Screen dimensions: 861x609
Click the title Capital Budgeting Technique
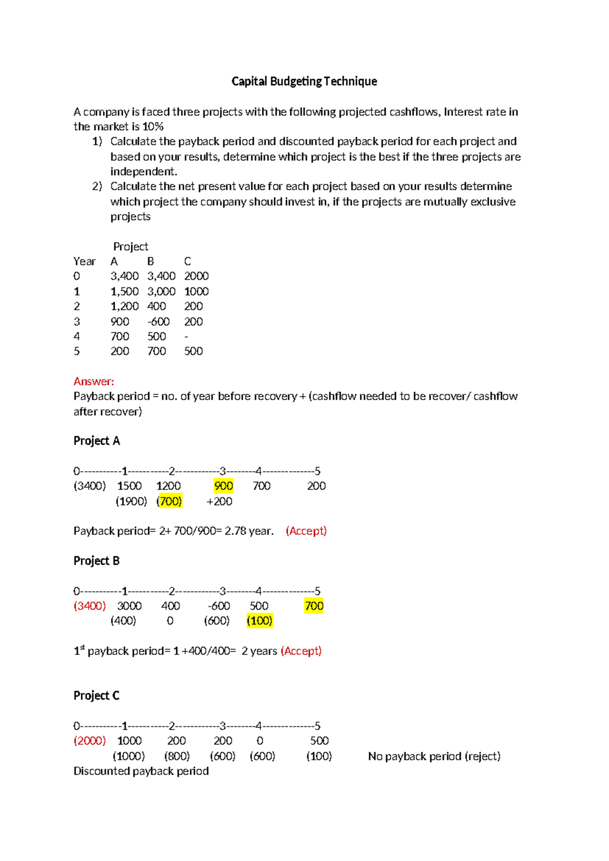[304, 81]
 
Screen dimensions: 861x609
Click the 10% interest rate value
[153, 126]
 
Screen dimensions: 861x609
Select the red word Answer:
[94, 381]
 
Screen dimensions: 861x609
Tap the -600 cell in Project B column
[158, 321]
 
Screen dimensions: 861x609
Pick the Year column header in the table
[84, 261]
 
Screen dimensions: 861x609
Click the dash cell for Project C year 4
[186, 336]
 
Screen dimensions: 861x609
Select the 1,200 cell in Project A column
[124, 306]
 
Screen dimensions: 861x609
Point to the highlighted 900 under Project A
[223, 486]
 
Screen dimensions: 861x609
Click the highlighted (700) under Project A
[170, 501]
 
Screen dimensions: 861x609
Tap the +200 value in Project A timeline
[219, 501]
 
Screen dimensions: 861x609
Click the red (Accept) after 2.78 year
[306, 531]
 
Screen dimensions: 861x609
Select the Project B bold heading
[96, 560]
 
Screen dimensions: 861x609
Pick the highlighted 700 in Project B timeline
[314, 606]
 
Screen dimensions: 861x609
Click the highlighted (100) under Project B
[259, 620]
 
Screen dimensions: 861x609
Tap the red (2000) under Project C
[90, 741]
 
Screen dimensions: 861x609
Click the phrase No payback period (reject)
[434, 756]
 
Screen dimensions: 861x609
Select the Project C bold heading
[96, 696]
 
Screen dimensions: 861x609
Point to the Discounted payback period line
[141, 771]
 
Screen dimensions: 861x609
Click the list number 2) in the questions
[97, 186]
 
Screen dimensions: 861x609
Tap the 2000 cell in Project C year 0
[196, 276]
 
